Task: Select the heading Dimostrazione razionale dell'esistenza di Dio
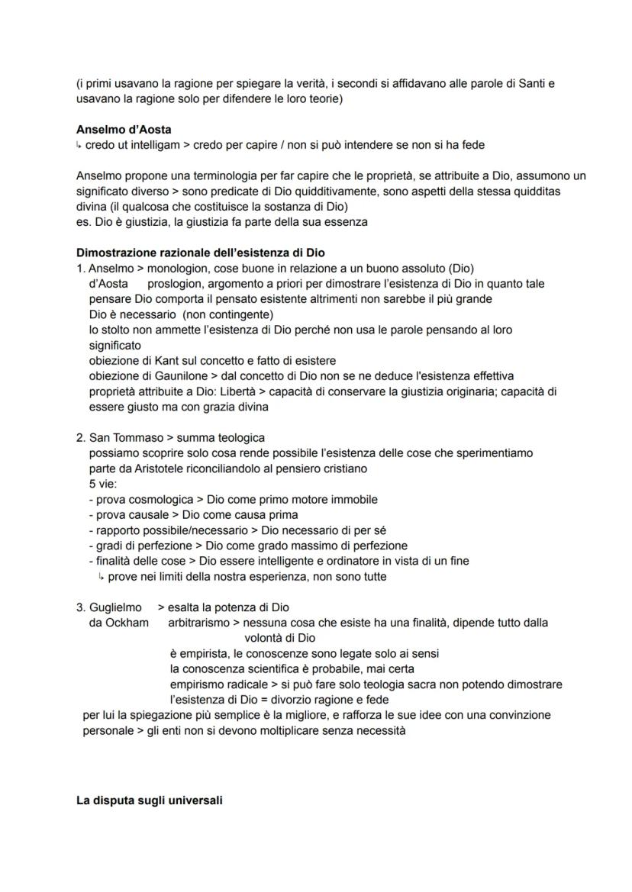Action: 202,253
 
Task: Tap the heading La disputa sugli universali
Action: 150,801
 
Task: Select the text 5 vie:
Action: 102,484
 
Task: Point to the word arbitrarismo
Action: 198,623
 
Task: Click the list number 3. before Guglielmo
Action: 80,608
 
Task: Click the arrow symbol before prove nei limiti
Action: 101,577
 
